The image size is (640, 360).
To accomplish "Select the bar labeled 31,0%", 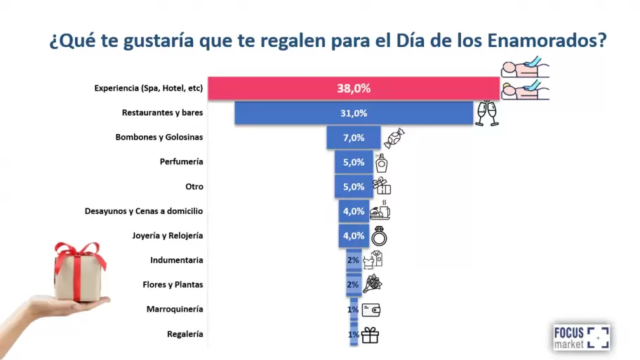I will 354,113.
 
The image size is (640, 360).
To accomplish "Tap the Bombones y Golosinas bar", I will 354,138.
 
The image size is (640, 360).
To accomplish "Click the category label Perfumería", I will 182,162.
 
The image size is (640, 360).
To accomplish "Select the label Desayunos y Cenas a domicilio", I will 144,211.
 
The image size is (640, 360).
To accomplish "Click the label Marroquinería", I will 175,309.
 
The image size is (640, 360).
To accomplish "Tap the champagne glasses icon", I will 487,114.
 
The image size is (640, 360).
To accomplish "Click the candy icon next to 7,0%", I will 394,138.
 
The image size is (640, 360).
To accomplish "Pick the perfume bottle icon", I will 381,162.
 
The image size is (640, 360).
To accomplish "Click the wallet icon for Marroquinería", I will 371,309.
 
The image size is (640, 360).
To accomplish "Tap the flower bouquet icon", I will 372,284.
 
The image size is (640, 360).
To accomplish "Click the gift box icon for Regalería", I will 370,335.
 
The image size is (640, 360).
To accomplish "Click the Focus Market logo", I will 580,337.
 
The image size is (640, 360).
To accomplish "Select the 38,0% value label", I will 354,88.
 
